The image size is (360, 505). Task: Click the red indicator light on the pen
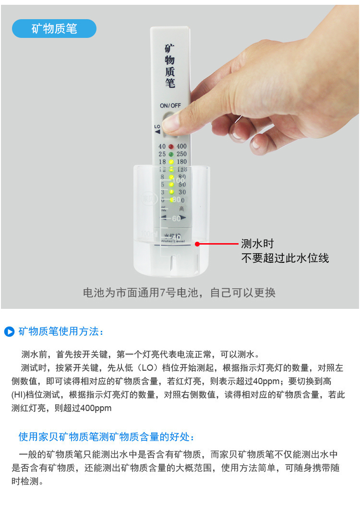(x=170, y=146)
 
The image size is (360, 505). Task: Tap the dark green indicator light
(x=170, y=154)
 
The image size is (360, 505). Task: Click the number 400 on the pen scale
(x=181, y=146)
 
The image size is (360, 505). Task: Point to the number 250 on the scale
(x=181, y=154)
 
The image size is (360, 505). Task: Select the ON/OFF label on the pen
(x=170, y=105)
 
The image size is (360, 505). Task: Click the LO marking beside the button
(x=157, y=127)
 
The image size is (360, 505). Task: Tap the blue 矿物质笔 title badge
(x=54, y=29)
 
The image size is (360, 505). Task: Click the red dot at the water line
(x=197, y=244)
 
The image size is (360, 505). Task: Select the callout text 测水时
(x=257, y=244)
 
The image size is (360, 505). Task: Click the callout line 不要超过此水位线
(x=285, y=258)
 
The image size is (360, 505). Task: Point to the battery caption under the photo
(x=180, y=293)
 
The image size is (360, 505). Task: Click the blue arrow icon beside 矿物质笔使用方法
(x=9, y=331)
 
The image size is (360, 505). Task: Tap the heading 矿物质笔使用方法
(x=61, y=331)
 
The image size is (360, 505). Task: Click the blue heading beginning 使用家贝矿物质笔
(x=107, y=437)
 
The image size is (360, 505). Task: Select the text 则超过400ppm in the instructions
(x=83, y=408)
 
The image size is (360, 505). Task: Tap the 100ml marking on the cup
(x=149, y=234)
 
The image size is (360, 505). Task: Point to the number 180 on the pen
(x=181, y=162)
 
